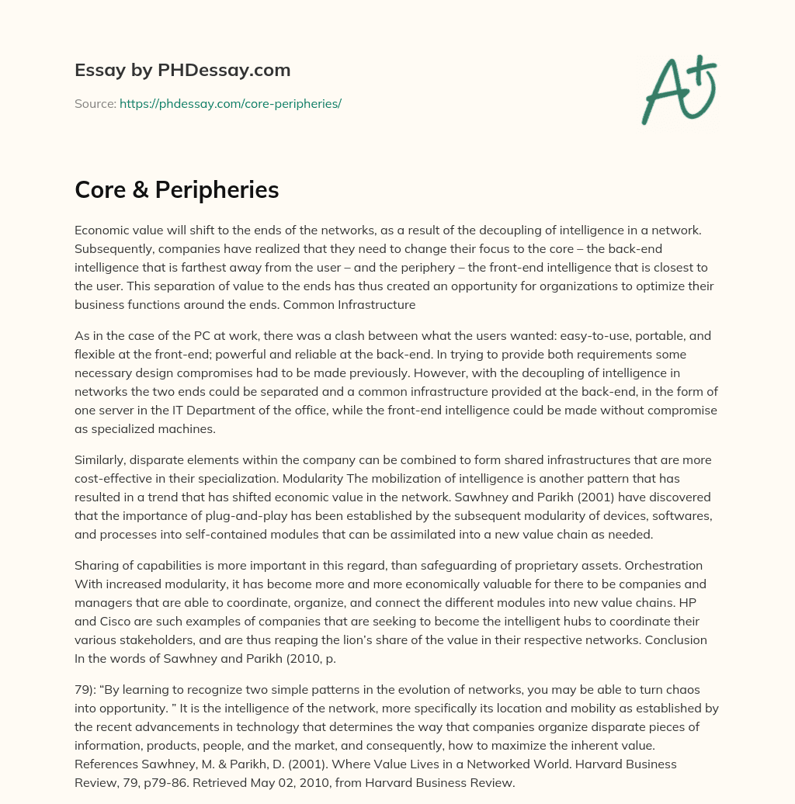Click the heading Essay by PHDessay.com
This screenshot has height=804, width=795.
[182, 71]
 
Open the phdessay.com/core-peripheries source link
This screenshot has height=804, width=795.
[231, 103]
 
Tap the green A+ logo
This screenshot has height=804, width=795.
[678, 89]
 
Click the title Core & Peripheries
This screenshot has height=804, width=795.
[177, 189]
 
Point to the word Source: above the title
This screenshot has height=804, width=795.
[95, 103]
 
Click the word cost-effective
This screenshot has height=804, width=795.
[113, 478]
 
